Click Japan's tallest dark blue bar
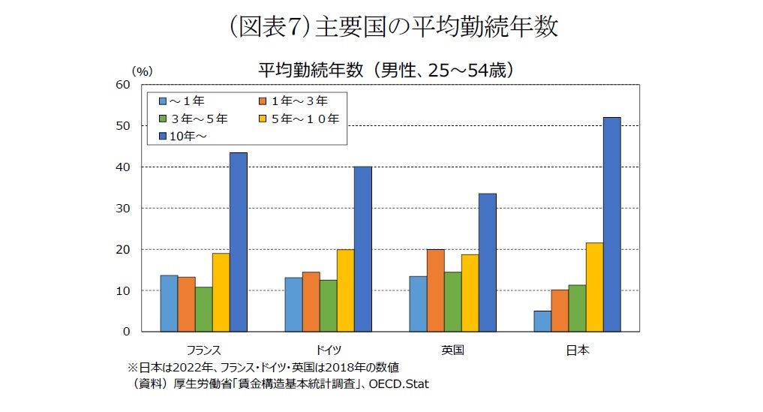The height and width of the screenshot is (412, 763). (x=611, y=224)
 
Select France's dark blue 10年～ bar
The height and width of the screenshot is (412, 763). (x=238, y=242)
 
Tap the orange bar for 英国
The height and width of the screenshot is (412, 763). (x=435, y=290)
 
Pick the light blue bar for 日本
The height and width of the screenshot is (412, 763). (x=542, y=320)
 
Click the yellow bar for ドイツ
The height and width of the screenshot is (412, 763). (x=345, y=290)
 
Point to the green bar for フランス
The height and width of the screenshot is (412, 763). (x=203, y=308)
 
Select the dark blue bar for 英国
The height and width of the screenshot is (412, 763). (x=487, y=262)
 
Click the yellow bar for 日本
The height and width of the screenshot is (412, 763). (x=593, y=287)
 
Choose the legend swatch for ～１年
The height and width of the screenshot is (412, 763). (x=163, y=100)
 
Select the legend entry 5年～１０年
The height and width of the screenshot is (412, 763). (x=305, y=118)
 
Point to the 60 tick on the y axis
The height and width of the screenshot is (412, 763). (x=123, y=85)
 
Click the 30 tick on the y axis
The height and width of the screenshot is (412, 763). (x=123, y=208)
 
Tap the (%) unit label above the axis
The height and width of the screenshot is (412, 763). (x=142, y=71)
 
